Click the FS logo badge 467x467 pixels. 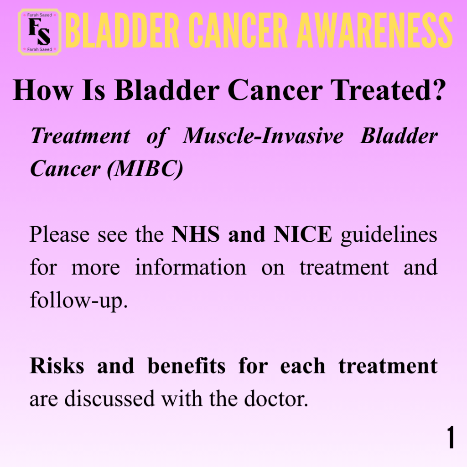point(40,32)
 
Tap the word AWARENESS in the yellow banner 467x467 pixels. point(375,31)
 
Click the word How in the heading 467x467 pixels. point(42,90)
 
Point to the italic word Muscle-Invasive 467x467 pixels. point(263,136)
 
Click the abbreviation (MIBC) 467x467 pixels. point(145,169)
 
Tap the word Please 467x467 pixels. point(60,234)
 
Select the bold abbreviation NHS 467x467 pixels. point(196,234)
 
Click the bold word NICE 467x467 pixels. point(302,234)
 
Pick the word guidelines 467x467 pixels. point(389,235)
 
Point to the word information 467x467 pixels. point(191,267)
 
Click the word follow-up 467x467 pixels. point(79,301)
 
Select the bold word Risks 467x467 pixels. point(57,365)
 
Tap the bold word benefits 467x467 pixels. point(187,365)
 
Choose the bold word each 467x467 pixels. point(303,365)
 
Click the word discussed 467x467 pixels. point(109,398)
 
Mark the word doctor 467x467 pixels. point(276,398)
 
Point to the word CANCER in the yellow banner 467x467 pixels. point(238,31)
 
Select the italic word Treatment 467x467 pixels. point(81,136)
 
